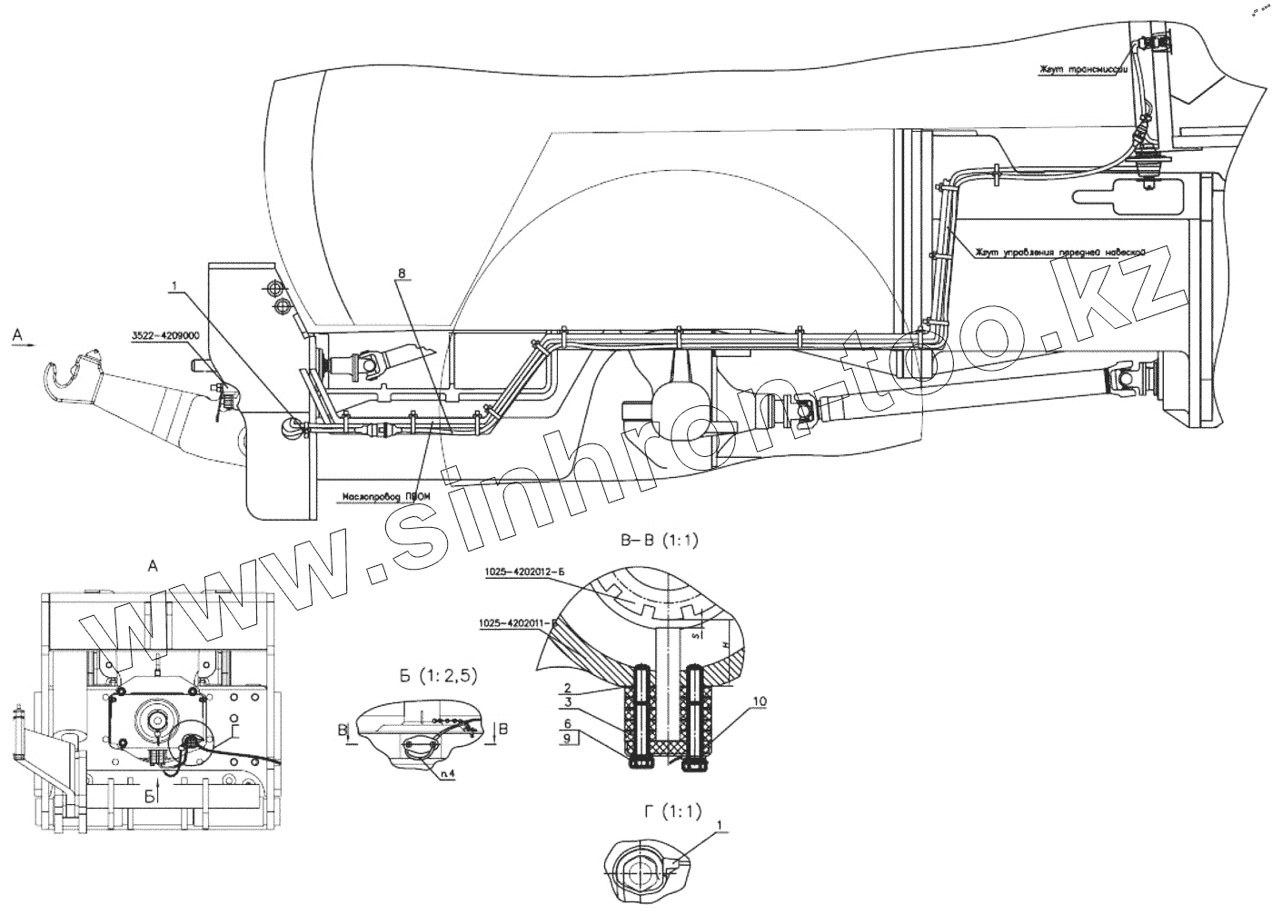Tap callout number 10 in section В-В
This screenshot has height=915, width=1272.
(x=760, y=701)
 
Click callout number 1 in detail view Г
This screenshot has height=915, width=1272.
(x=721, y=825)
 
